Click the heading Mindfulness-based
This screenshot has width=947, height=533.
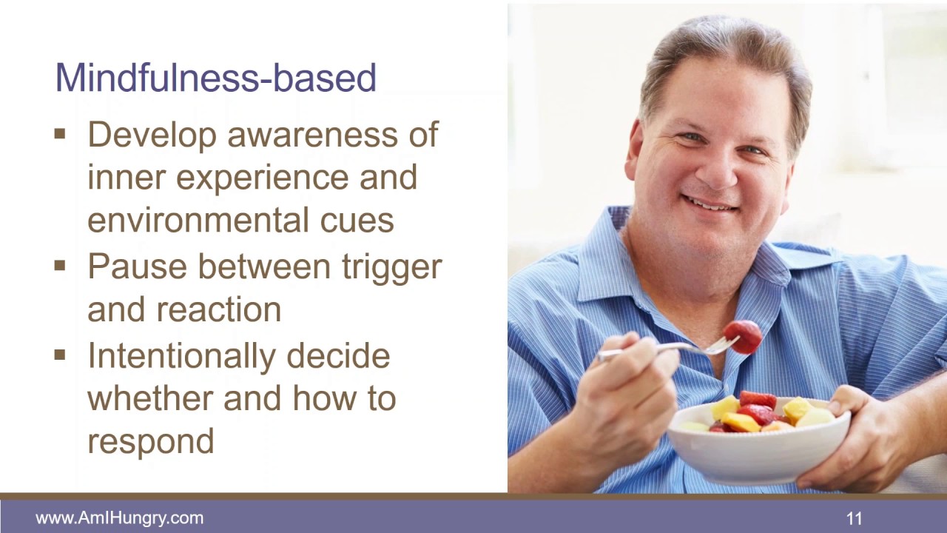pos(215,78)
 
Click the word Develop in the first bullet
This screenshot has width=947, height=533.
pos(152,135)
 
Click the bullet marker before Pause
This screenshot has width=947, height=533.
pos(60,266)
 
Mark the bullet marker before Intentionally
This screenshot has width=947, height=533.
pos(60,355)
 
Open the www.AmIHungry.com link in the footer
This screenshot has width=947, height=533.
pos(119,518)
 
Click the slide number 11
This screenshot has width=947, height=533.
pos(855,518)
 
